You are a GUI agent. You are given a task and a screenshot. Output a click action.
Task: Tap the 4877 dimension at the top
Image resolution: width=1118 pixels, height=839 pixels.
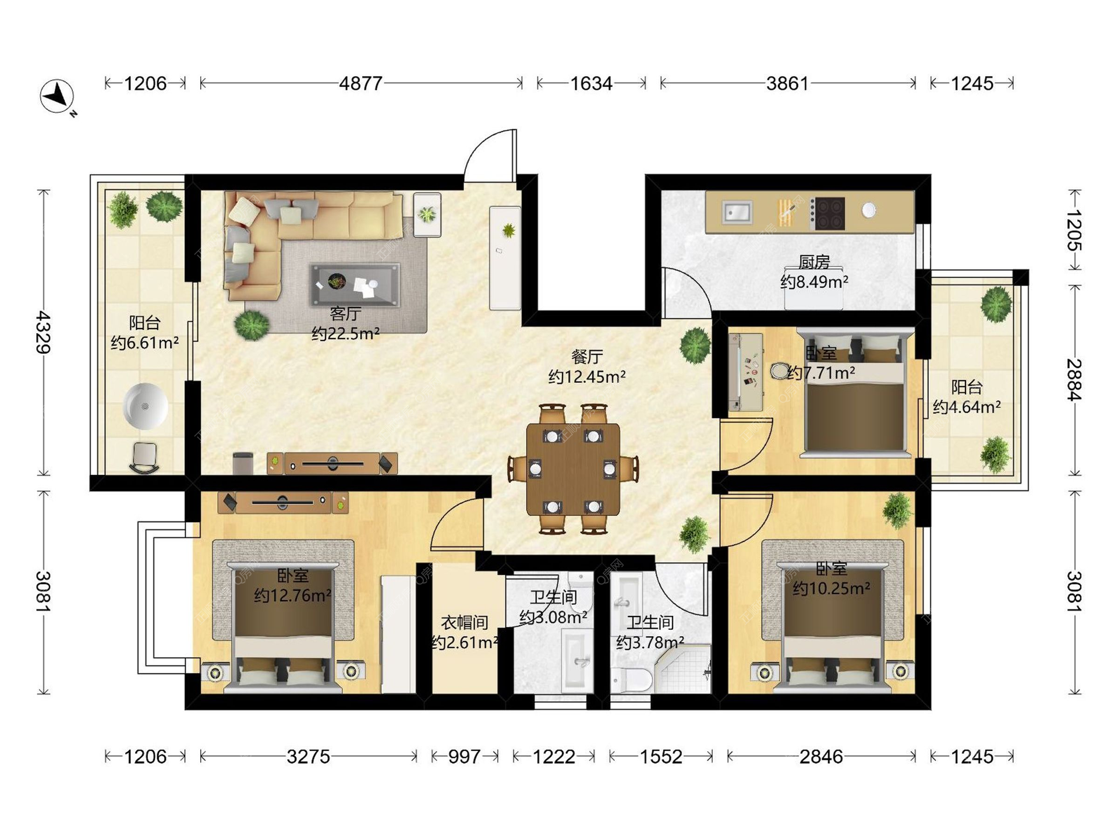click(x=360, y=83)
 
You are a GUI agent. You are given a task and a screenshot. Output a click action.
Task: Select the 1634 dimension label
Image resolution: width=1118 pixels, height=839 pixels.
click(x=591, y=83)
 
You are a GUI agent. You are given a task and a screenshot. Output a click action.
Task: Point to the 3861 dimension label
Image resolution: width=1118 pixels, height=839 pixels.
click(x=787, y=83)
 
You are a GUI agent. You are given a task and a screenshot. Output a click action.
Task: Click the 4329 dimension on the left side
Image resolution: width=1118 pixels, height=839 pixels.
click(x=43, y=332)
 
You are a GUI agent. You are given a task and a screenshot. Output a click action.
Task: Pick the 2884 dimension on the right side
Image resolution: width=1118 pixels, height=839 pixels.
click(x=1074, y=379)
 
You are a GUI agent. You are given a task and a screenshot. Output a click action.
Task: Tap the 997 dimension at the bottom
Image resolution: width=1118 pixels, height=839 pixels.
click(x=465, y=756)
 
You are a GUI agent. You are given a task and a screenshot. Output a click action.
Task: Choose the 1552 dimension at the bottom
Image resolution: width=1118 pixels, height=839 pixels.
click(x=661, y=756)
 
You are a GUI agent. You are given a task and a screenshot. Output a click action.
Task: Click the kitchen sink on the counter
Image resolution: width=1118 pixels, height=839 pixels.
click(x=737, y=212)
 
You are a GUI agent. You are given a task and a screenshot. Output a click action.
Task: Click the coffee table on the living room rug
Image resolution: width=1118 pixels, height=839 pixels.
click(x=355, y=285)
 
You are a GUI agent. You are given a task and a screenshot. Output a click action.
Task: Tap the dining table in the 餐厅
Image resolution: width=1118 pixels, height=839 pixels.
click(x=573, y=469)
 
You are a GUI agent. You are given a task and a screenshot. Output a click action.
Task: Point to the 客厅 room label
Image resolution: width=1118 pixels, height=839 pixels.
click(x=345, y=313)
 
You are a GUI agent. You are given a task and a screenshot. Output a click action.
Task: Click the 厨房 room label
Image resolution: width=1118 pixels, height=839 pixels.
click(x=814, y=262)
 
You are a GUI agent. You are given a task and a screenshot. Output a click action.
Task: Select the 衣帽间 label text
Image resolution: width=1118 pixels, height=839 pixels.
click(x=465, y=622)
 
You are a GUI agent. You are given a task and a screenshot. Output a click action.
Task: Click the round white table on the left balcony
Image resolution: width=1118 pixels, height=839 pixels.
click(x=146, y=406)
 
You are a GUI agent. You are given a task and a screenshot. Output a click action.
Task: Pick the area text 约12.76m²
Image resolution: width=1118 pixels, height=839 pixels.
click(x=292, y=595)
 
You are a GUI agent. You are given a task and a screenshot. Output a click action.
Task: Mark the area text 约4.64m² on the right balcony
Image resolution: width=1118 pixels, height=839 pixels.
click(x=967, y=407)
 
